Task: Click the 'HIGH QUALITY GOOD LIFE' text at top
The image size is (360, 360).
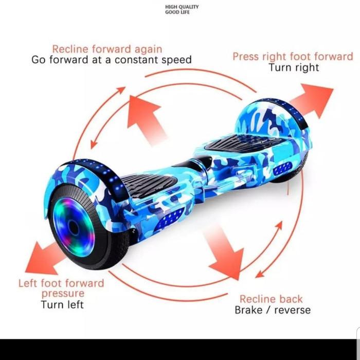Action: click(182, 9)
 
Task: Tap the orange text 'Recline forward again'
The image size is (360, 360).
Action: click(107, 49)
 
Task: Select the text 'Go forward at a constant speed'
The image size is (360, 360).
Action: click(112, 60)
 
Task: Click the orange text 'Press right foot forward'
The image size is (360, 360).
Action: click(293, 57)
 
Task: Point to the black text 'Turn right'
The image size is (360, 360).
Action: click(294, 67)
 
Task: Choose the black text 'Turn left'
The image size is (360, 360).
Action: click(62, 304)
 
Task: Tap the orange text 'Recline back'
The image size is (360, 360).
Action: click(271, 299)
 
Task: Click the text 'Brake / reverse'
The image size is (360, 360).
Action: click(273, 310)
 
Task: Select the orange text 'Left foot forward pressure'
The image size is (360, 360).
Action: click(61, 288)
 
